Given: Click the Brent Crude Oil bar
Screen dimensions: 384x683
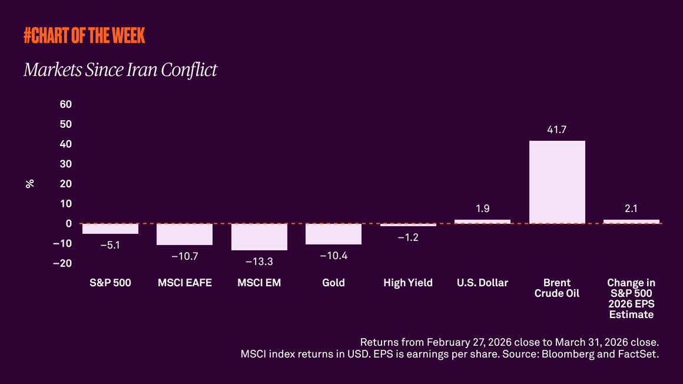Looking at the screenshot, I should (x=557, y=182).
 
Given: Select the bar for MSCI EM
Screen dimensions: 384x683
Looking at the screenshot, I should (x=259, y=237).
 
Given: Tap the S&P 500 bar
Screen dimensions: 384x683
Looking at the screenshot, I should (x=110, y=229).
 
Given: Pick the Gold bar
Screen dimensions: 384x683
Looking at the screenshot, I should (x=333, y=234).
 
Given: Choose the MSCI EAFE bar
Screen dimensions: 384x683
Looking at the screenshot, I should (x=184, y=234).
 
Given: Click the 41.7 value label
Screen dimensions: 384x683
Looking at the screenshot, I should (x=556, y=130).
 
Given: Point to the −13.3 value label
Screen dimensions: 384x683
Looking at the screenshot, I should (x=258, y=261).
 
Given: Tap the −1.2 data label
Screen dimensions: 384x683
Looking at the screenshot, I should (x=407, y=237).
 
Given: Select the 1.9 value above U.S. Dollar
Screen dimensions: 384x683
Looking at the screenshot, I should (x=482, y=208).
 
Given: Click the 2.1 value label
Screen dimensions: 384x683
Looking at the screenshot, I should (x=631, y=208).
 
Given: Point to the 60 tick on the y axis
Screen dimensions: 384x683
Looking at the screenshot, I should (x=65, y=104).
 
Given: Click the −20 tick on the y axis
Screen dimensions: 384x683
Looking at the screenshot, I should (x=62, y=263).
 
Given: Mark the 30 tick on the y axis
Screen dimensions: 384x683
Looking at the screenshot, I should (x=65, y=164).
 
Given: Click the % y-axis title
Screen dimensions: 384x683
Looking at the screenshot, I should (x=30, y=183).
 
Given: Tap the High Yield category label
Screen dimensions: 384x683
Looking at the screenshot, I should (x=407, y=283).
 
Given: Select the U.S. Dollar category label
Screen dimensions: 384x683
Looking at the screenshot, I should (x=482, y=283).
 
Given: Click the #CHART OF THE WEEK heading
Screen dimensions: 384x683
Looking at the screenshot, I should (x=84, y=36).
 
